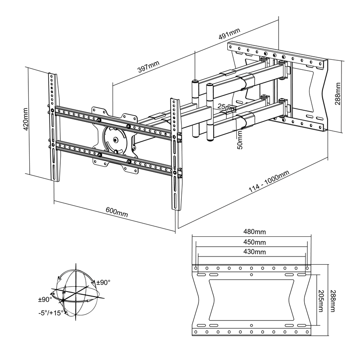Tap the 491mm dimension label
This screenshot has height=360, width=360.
click(x=229, y=34)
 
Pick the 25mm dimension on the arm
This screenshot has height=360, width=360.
click(x=226, y=107)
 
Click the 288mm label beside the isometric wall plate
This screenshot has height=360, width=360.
click(x=337, y=93)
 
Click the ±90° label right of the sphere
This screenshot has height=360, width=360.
click(x=103, y=282)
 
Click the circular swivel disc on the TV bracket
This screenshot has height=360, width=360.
click(x=116, y=139)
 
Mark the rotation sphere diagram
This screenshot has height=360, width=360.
click(x=79, y=292)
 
